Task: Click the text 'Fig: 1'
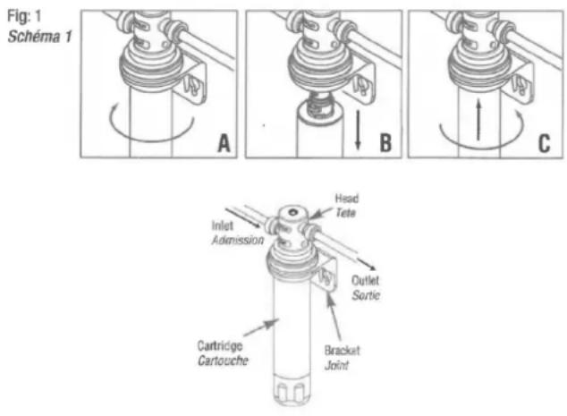pyautogui.click(x=26, y=16)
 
